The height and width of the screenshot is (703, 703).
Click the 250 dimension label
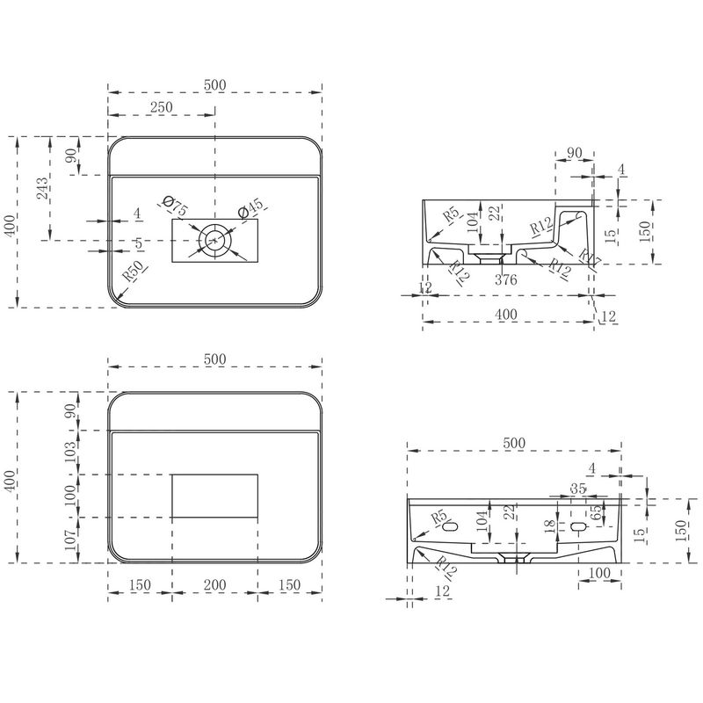(161, 107)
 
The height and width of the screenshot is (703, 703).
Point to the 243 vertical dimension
(42, 189)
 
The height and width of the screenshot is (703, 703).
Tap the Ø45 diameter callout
(250, 207)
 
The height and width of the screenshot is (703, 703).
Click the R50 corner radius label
(134, 271)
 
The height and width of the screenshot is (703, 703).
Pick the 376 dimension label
(506, 279)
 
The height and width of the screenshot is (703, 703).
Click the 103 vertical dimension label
(70, 453)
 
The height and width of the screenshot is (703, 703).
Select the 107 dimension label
(70, 540)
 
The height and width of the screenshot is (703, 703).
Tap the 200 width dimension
(214, 584)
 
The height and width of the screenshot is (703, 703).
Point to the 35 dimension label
(578, 489)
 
